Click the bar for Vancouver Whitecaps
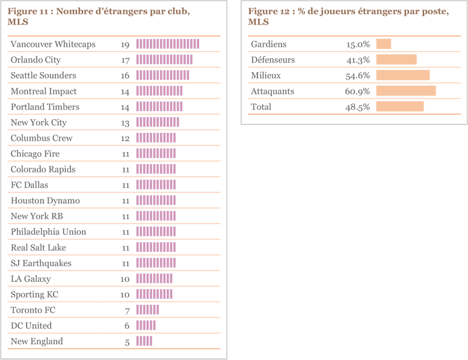click(x=167, y=44)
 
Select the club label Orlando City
click(x=35, y=59)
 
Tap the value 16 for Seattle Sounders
click(x=125, y=75)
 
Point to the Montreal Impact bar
click(x=159, y=91)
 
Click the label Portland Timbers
click(x=45, y=106)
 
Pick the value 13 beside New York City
click(x=125, y=122)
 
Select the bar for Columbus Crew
click(x=156, y=138)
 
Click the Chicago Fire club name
click(x=35, y=153)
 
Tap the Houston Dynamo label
click(x=45, y=200)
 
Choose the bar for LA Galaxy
click(x=154, y=278)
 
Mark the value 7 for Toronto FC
click(x=127, y=310)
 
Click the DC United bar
click(x=146, y=325)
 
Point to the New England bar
click(x=144, y=341)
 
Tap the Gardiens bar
click(x=384, y=44)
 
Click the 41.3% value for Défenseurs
click(x=358, y=59)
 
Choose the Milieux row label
click(x=266, y=75)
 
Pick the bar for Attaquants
click(x=405, y=91)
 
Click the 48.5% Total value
click(x=358, y=106)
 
